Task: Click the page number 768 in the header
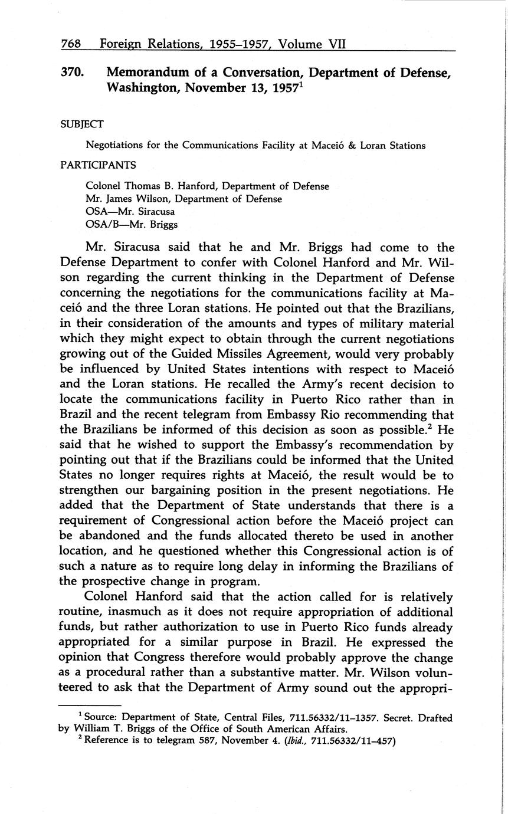pyautogui.click(x=71, y=44)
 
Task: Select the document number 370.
pyautogui.click(x=72, y=73)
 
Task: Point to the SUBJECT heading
pyautogui.click(x=82, y=124)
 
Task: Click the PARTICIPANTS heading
pyautogui.click(x=98, y=165)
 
